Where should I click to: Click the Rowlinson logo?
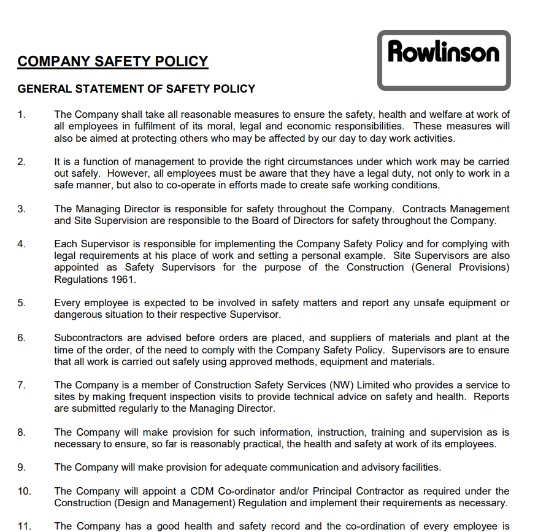tap(444, 60)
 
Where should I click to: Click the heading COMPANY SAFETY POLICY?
tap(113, 61)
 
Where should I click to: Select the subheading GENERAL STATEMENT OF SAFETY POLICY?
tap(136, 89)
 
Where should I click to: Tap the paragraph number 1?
tap(21, 115)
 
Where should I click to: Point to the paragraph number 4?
tap(21, 244)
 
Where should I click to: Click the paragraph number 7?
tap(21, 385)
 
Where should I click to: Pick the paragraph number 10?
tap(24, 492)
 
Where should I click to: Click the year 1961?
tap(123, 279)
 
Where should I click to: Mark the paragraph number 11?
tap(24, 526)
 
